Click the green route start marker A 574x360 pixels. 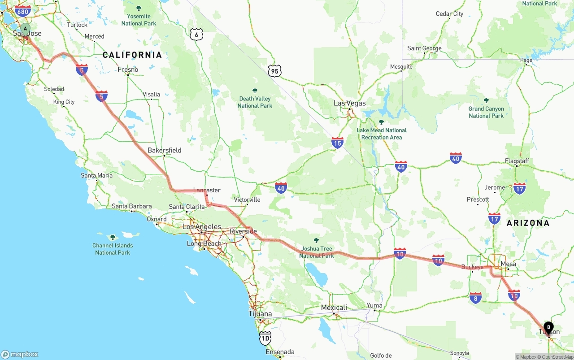25,29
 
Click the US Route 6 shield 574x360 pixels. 196,34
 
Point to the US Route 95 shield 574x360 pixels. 274,70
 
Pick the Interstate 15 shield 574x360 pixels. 338,143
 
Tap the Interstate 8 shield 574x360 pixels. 476,297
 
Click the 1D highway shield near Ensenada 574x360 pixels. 265,338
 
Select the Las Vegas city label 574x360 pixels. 350,103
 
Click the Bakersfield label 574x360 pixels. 165,150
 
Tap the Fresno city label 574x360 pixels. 128,69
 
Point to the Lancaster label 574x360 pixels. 207,190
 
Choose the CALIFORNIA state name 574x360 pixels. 132,55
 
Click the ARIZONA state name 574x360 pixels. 528,223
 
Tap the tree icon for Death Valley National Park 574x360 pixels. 255,91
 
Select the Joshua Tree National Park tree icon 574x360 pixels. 317,240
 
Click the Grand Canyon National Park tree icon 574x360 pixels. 486,100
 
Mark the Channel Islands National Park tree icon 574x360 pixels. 113,237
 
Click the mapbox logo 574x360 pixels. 20,354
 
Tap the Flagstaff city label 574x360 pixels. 517,161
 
